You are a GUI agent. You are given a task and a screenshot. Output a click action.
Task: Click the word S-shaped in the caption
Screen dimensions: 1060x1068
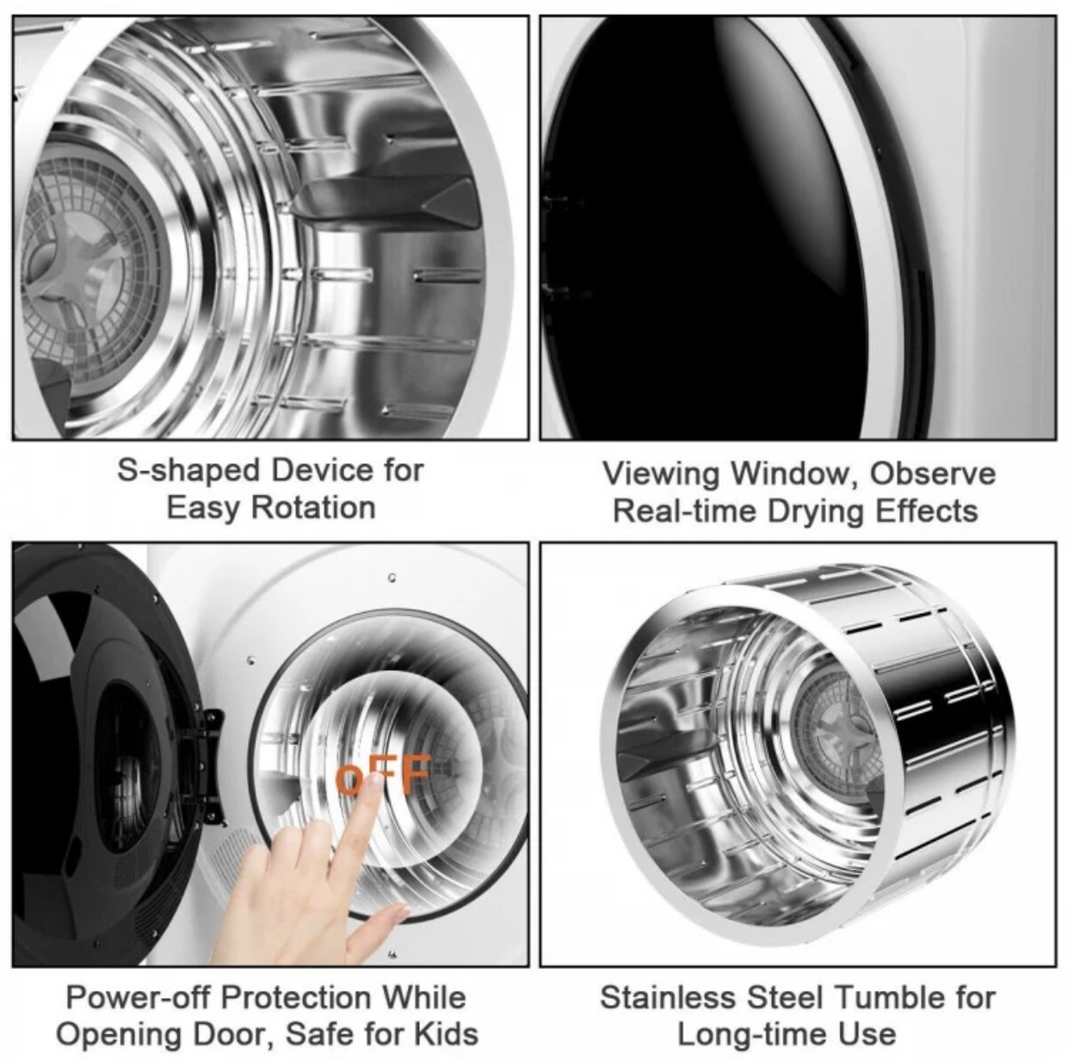(188, 470)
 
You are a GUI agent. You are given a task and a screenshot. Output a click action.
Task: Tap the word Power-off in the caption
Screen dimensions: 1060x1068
(136, 997)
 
